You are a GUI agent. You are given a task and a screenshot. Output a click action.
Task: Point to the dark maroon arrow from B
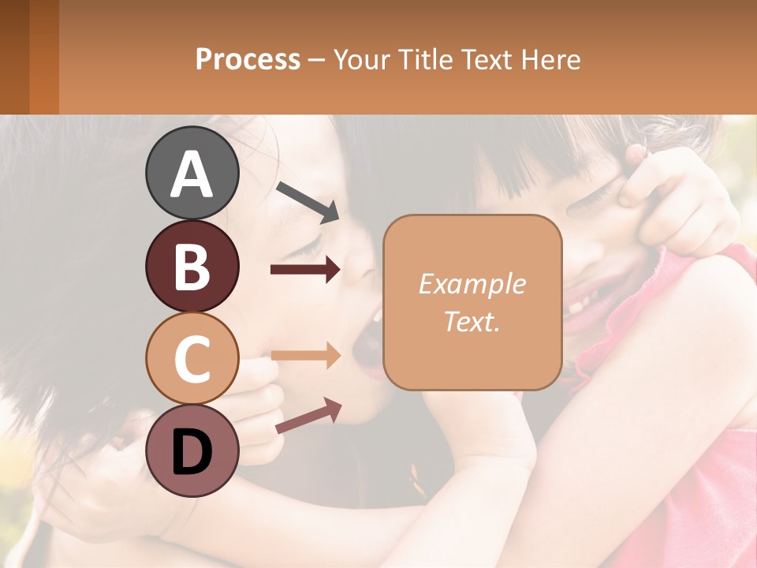click(305, 270)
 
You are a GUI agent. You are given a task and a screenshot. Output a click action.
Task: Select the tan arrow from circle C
click(305, 356)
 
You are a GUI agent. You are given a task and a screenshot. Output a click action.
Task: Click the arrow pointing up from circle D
click(308, 416)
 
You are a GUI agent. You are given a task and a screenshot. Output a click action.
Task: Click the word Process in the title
click(248, 59)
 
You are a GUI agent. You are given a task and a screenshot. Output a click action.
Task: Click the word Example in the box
click(472, 284)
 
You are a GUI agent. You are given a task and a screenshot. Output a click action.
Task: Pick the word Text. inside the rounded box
click(472, 321)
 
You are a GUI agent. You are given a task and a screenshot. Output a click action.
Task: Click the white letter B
click(192, 267)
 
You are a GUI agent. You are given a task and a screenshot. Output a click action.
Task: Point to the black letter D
click(192, 452)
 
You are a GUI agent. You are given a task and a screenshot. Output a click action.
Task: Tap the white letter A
click(192, 174)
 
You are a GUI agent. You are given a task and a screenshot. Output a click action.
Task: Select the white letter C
click(192, 359)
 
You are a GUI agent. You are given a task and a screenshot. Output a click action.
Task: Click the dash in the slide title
click(317, 60)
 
